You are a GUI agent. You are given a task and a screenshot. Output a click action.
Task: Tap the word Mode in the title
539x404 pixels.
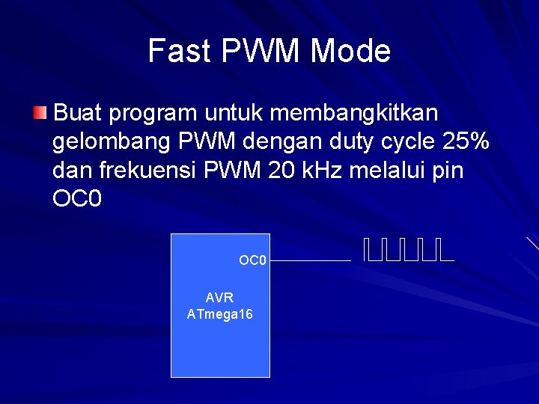350,51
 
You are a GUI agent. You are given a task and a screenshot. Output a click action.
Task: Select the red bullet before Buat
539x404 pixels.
40,114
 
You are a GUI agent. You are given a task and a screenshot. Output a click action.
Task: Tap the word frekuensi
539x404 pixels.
159,171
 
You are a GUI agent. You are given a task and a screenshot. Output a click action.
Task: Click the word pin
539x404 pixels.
448,171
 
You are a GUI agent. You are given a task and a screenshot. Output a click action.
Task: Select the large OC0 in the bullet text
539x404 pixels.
77,199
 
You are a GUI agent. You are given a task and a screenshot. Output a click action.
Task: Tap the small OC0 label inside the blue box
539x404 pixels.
252,260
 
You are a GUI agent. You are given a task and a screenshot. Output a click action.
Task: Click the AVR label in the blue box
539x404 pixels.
219,298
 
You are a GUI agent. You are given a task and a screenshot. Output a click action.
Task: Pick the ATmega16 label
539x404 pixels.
219,314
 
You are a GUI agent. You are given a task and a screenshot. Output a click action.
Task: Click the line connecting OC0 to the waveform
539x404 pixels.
310,260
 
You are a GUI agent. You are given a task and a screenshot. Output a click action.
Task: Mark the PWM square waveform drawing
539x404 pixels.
409,250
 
